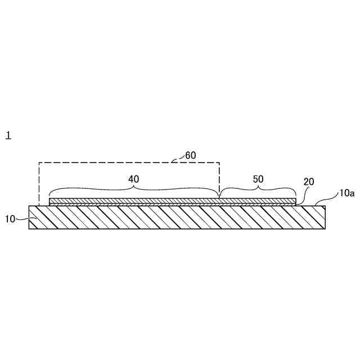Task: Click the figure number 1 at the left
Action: [x=8, y=136]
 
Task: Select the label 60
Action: [x=191, y=155]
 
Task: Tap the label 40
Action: [x=134, y=179]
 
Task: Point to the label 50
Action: [x=258, y=179]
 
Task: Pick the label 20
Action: [x=309, y=182]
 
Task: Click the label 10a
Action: [x=347, y=193]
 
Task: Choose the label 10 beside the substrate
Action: [x=10, y=219]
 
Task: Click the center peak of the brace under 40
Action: [x=134, y=186]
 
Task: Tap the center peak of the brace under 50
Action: [x=258, y=186]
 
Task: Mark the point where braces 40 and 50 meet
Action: [x=219, y=197]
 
